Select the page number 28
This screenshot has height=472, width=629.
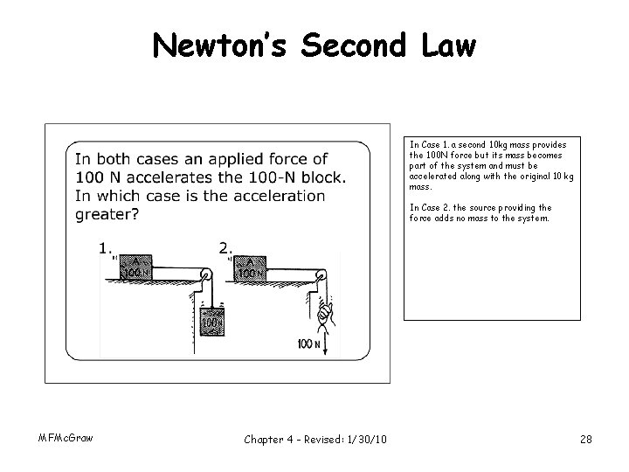pos(584,439)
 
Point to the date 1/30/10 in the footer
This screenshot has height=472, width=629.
pos(359,439)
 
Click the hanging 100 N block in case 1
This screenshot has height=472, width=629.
pos(211,323)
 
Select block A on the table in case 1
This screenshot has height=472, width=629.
pos(135,267)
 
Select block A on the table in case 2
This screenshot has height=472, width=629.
pos(251,267)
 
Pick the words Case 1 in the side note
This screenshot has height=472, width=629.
pos(433,144)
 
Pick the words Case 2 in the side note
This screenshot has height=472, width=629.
pos(433,207)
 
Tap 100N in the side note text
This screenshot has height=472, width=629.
pos(438,155)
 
